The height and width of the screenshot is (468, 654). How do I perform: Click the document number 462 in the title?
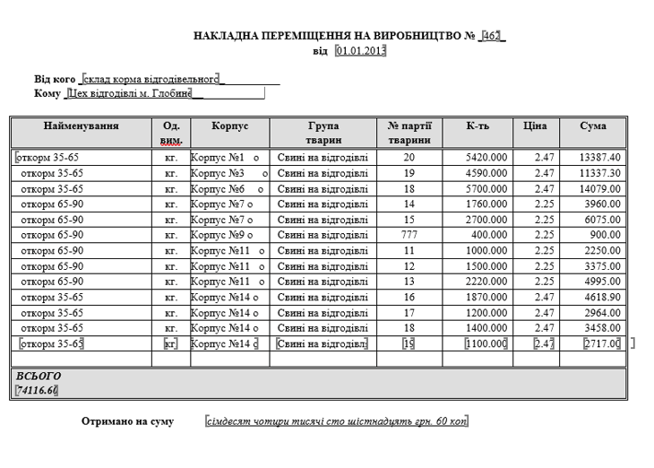pos(492,36)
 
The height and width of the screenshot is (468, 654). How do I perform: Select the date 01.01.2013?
pos(360,51)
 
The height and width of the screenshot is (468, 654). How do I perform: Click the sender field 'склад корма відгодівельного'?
pos(151,80)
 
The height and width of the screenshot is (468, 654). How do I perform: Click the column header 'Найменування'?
pos(81,126)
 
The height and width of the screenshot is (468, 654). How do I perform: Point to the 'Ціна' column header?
pos(536,126)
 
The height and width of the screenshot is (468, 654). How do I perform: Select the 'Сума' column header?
pos(592,126)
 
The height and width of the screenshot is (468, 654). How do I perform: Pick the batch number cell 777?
pos(409,236)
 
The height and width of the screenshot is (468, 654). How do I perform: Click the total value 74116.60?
pos(37,391)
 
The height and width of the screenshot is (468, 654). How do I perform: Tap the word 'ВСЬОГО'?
pos(39,377)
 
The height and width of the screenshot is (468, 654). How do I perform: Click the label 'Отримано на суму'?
pos(127,421)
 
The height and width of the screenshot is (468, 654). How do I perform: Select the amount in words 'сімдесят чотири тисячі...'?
pos(337,421)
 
